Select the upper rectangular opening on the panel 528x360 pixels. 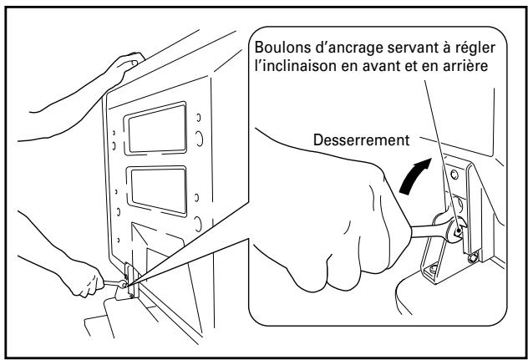[x=159, y=124]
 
